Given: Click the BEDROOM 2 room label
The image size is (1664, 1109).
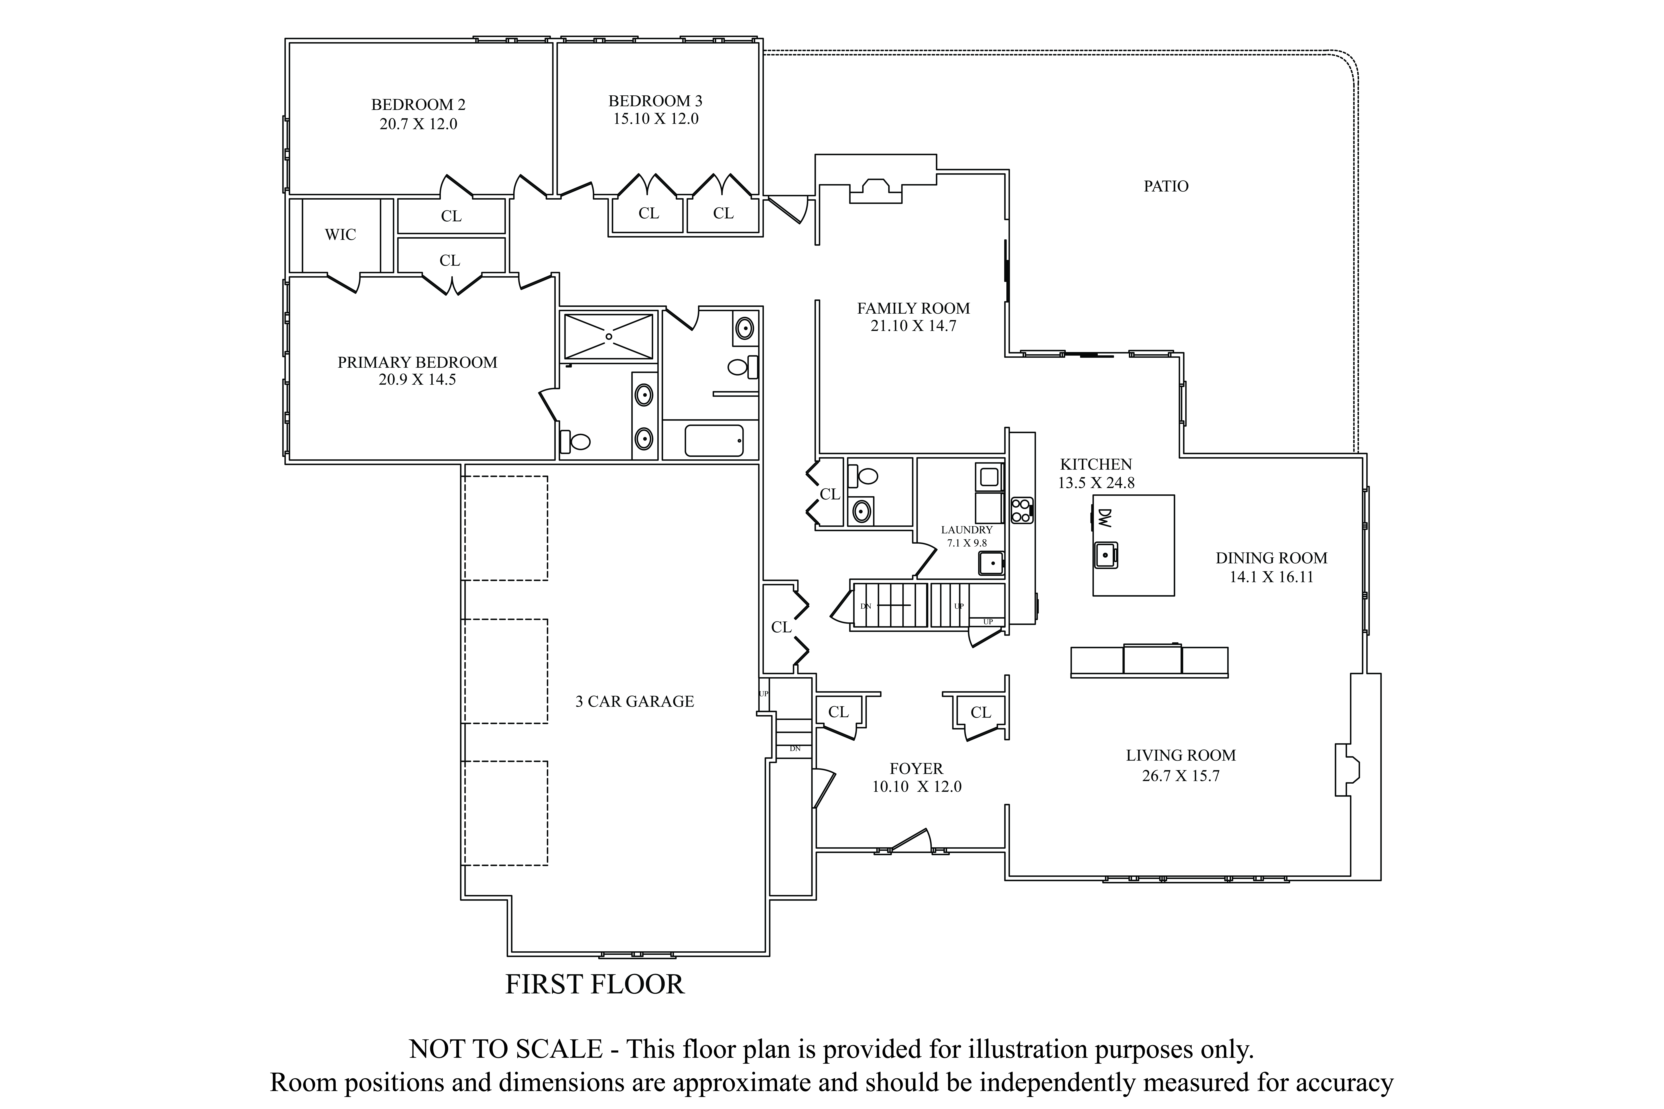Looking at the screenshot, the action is tap(418, 105).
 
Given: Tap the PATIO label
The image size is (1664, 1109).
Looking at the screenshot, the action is tap(1166, 186).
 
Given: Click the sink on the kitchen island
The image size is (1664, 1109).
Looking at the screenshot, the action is tap(1106, 555).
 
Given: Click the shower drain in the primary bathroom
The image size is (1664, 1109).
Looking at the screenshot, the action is tap(608, 337).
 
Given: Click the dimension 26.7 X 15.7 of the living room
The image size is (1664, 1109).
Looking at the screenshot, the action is tap(1181, 776).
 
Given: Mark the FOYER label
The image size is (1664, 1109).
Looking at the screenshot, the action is tap(916, 769).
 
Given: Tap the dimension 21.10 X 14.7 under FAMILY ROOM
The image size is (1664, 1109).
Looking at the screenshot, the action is tap(913, 326).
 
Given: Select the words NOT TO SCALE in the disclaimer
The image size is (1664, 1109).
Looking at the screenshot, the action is tap(506, 1049).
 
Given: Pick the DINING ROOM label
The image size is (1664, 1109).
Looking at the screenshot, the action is tap(1271, 558).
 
